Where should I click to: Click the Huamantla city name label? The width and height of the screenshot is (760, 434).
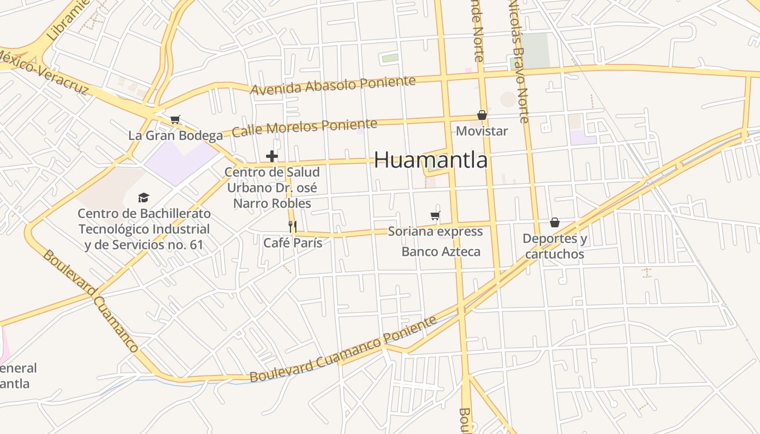(x=430, y=160)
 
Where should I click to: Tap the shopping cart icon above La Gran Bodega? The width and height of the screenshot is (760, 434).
(x=175, y=119)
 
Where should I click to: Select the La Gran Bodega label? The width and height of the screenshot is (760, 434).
(x=175, y=135)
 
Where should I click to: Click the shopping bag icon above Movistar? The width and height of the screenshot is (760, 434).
(x=482, y=115)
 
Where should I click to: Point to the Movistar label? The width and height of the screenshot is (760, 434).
(x=482, y=131)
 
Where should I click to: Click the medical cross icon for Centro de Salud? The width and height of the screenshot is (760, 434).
(x=272, y=157)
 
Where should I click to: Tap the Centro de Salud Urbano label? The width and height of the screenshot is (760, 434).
(x=272, y=188)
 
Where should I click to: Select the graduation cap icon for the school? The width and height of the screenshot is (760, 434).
(x=143, y=197)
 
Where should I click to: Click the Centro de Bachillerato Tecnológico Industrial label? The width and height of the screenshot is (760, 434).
(x=144, y=229)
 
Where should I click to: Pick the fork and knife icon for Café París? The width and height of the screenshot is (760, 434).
(x=293, y=226)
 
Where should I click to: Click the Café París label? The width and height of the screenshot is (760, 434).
(x=293, y=242)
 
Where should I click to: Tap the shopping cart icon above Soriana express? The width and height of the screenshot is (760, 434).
(x=435, y=216)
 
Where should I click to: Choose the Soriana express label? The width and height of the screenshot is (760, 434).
(x=435, y=232)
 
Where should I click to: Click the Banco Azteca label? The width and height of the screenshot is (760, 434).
(x=441, y=252)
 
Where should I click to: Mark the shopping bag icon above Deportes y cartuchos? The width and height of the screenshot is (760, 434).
(x=555, y=222)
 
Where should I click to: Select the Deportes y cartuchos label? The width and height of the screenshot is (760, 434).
(x=555, y=246)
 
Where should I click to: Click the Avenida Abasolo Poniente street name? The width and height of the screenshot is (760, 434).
(x=333, y=85)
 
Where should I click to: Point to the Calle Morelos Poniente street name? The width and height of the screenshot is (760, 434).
(x=305, y=128)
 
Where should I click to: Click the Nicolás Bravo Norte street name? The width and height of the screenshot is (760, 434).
(x=518, y=60)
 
